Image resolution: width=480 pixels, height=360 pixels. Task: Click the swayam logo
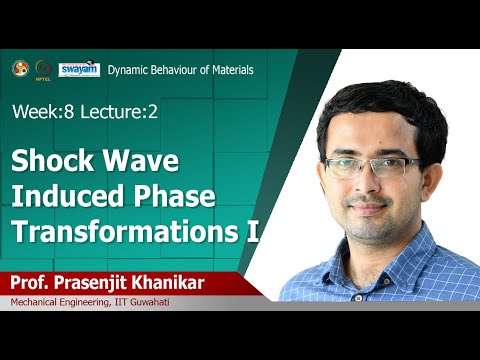(79, 68)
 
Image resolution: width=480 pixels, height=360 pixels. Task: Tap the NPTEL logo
(43, 69)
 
